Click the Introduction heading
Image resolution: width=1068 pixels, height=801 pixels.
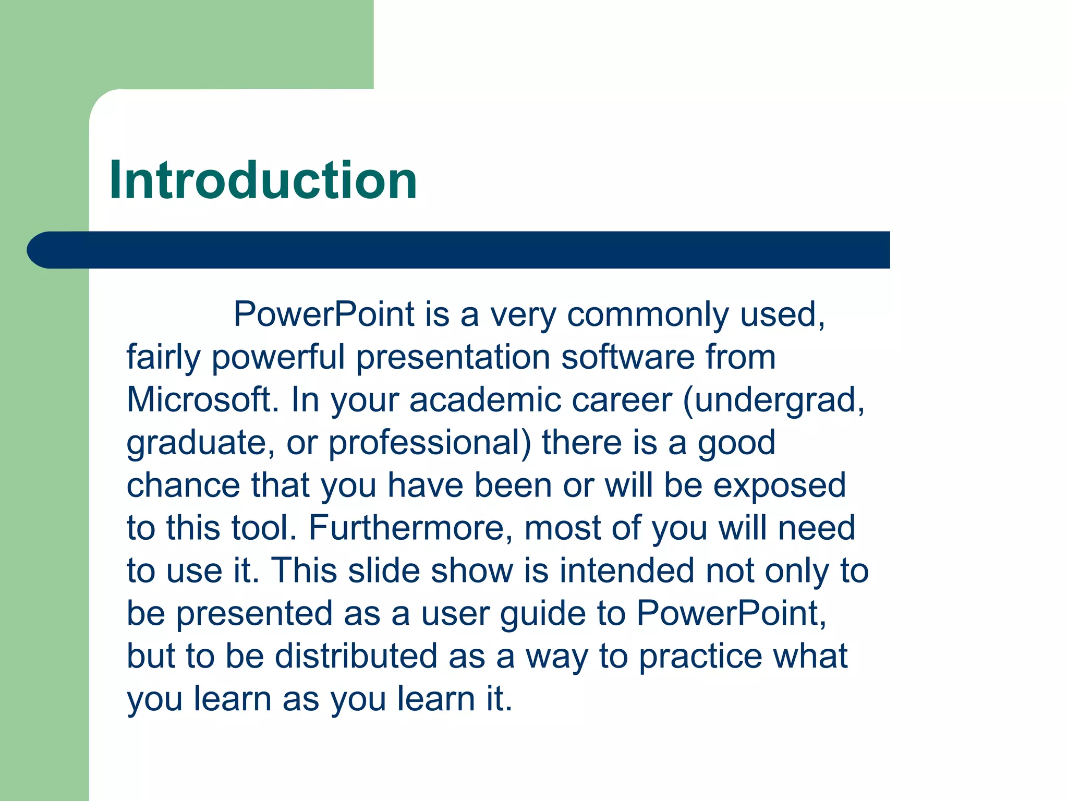point(263,180)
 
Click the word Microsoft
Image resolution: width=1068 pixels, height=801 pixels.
point(202,400)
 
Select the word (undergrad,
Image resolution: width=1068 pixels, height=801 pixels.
point(774,401)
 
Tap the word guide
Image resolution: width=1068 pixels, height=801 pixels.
point(543,614)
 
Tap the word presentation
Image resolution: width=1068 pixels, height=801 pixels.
point(453,358)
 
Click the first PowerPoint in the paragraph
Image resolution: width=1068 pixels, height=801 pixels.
point(324,314)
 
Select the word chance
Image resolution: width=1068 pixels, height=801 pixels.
point(183,486)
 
